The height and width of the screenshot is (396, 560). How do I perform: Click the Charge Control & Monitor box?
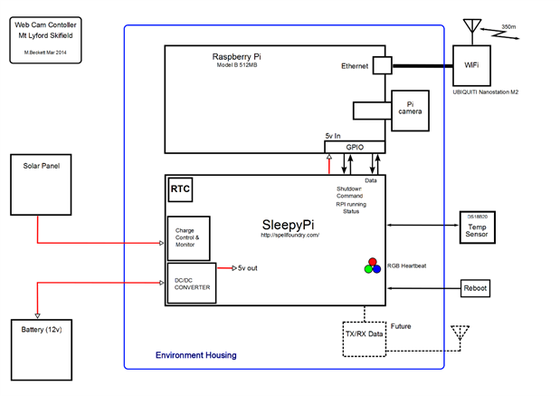[188, 237]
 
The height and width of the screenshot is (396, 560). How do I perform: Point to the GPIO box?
[355, 147]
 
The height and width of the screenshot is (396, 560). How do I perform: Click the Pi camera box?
[407, 110]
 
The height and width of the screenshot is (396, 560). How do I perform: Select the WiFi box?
[470, 64]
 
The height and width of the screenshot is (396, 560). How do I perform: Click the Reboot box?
[476, 288]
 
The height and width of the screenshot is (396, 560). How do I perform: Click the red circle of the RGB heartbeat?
[372, 261]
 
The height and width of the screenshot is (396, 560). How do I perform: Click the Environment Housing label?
[195, 355]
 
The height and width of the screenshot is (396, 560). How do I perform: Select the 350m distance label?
[508, 28]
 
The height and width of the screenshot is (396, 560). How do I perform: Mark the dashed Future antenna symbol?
[461, 334]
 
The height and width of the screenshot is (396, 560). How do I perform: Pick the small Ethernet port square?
[382, 65]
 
